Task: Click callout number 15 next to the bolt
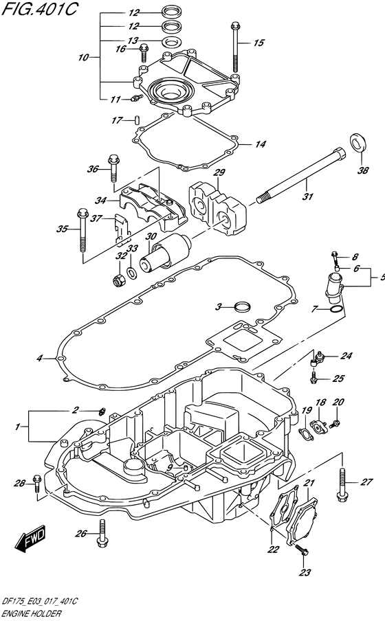coord(258,43)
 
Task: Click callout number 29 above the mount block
coord(219,172)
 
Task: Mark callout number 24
coord(346,356)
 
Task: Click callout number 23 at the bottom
coord(305,572)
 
